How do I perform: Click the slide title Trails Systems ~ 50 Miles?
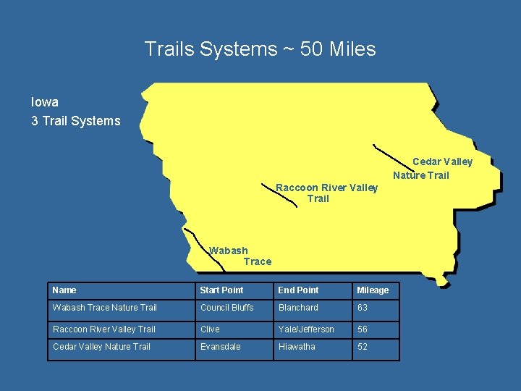tap(260, 49)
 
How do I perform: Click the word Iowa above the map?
tap(45, 102)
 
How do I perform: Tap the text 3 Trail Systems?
tap(75, 121)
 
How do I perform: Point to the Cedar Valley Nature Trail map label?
tap(432, 169)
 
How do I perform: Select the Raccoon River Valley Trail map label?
tap(326, 193)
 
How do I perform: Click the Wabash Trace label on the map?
tap(240, 256)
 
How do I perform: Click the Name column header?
tap(64, 290)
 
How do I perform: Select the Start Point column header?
tap(221, 290)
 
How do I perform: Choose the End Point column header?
tap(298, 290)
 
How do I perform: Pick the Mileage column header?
tap(373, 290)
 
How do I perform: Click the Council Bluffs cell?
tap(227, 308)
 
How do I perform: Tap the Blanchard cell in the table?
tap(298, 308)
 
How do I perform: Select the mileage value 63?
tap(363, 308)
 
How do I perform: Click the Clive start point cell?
tap(210, 329)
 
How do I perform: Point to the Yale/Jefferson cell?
tap(306, 329)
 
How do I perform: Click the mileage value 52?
tap(363, 347)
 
